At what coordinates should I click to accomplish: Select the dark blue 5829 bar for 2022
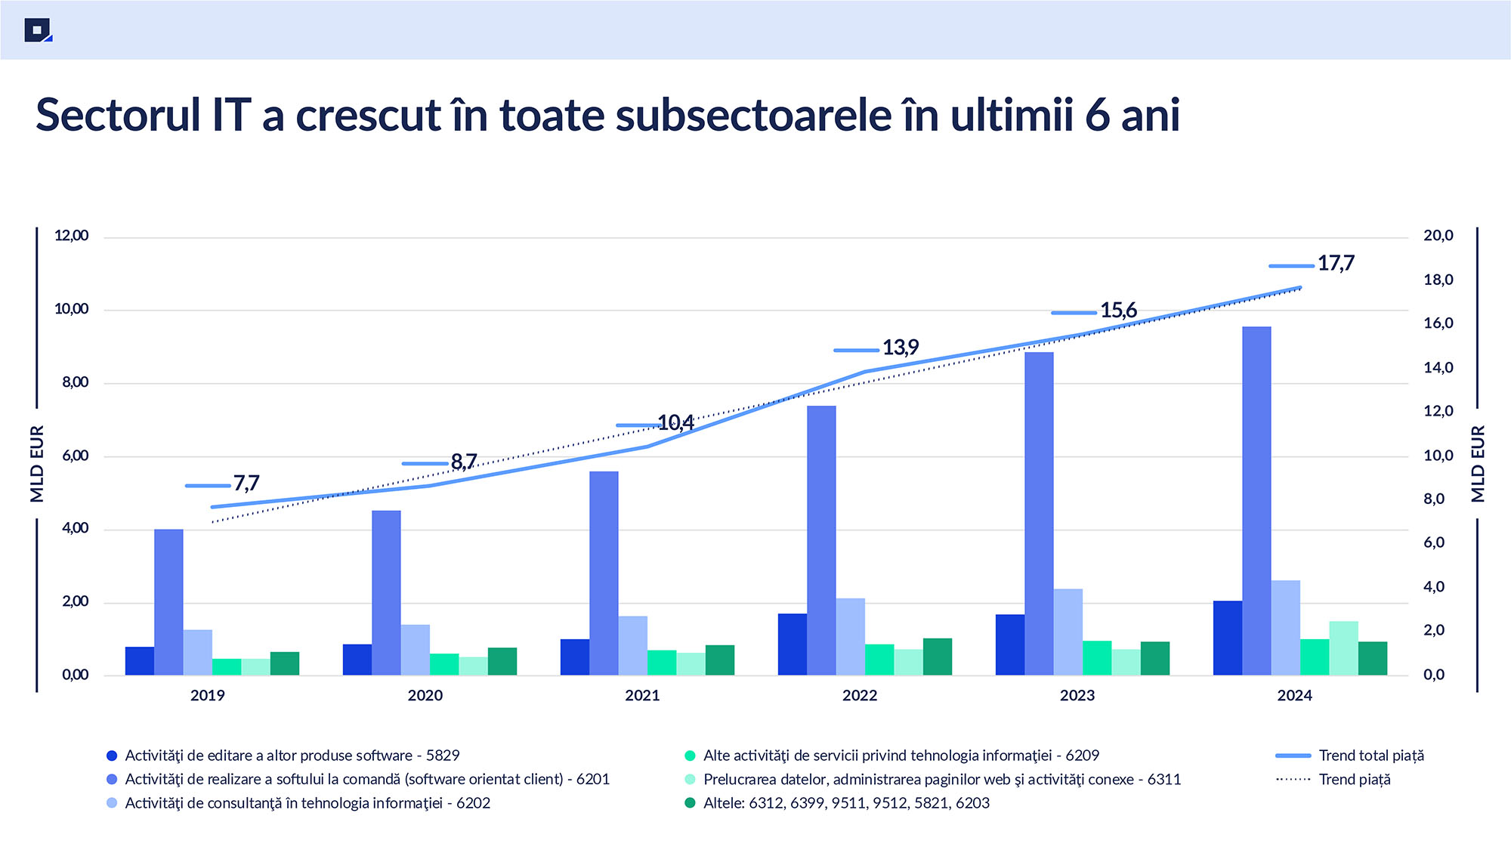(x=792, y=644)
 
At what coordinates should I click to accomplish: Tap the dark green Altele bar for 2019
(x=285, y=663)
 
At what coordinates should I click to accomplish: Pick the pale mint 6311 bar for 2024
(x=1343, y=648)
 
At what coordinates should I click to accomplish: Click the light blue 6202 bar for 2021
(x=633, y=645)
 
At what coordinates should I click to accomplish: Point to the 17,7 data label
(x=1336, y=264)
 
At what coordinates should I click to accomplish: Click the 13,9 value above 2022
(x=901, y=348)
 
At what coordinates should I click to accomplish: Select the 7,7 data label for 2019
(x=246, y=483)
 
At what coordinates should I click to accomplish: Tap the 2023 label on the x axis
(x=1077, y=696)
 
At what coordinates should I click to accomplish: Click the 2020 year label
(x=425, y=696)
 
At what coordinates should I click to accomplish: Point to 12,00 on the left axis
(x=72, y=236)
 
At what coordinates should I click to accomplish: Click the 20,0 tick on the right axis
(x=1438, y=236)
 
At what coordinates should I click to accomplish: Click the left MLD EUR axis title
(x=37, y=463)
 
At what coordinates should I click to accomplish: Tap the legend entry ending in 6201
(x=366, y=780)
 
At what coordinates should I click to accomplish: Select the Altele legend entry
(x=845, y=803)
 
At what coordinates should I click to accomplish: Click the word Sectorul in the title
(x=118, y=116)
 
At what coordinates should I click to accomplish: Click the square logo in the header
(x=37, y=30)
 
